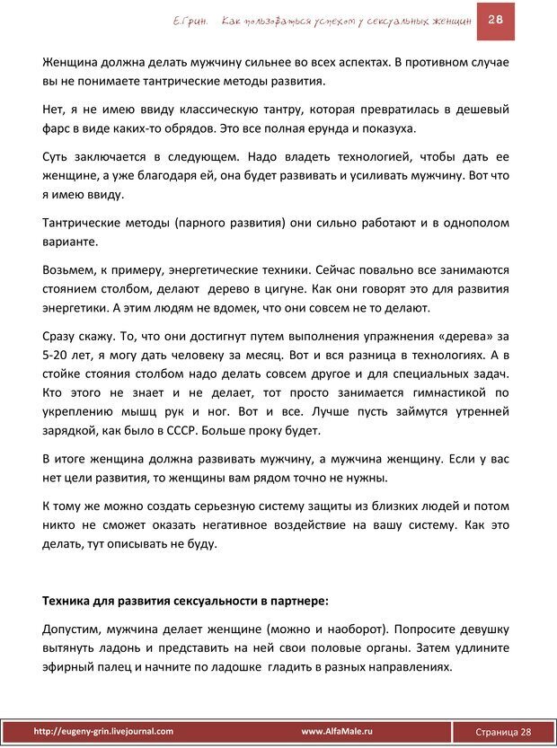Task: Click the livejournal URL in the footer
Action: (x=103, y=732)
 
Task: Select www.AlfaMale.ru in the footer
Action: (x=337, y=732)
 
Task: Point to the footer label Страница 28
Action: (x=503, y=733)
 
